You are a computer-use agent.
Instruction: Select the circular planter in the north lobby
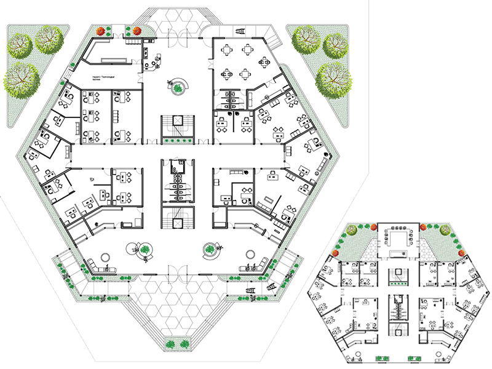point(178,87)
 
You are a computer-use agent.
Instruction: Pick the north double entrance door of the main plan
point(177,36)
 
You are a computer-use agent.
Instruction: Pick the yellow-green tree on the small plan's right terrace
point(443,231)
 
